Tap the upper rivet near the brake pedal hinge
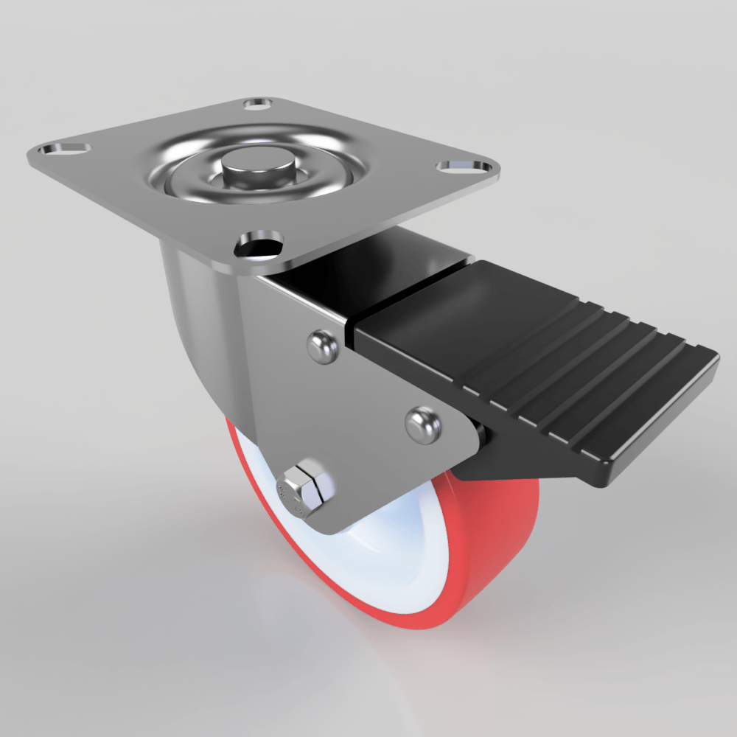[x=324, y=346]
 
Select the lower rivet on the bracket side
[x=423, y=425]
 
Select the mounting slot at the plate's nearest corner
[x=259, y=244]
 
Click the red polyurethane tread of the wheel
[x=486, y=545]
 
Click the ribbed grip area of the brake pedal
[x=590, y=368]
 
